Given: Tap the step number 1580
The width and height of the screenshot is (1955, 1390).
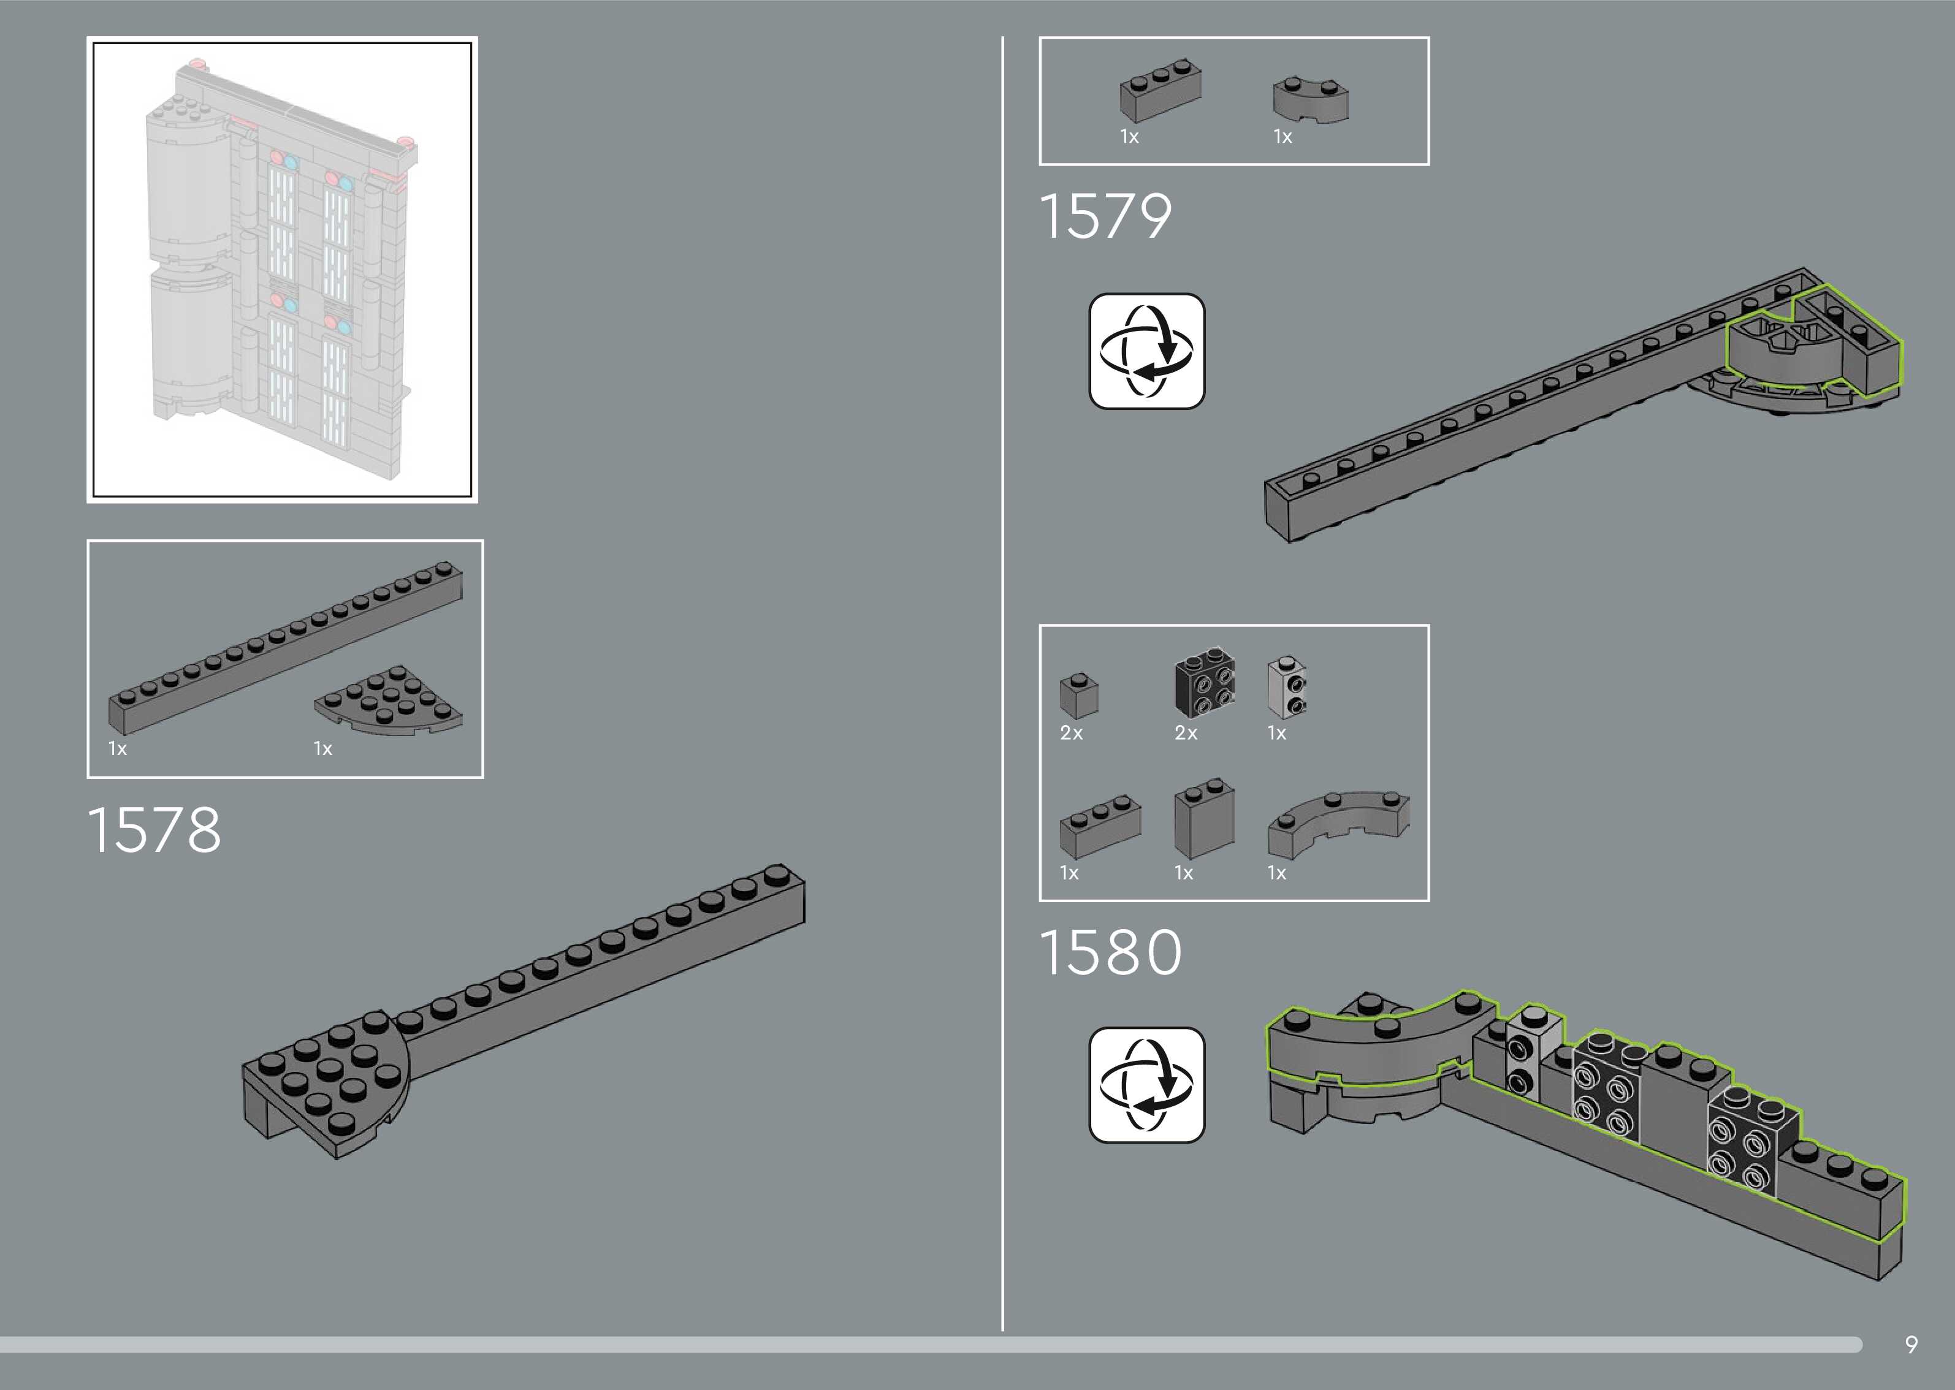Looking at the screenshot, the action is pyautogui.click(x=1110, y=952).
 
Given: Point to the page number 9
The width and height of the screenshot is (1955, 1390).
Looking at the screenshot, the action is pyautogui.click(x=1910, y=1345).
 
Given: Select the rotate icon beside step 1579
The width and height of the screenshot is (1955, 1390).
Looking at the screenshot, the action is pyautogui.click(x=1146, y=351).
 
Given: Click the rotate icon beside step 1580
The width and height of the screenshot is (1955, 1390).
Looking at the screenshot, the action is pyautogui.click(x=1146, y=1084).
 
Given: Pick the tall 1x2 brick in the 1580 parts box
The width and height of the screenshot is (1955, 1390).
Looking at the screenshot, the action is pyautogui.click(x=1203, y=818).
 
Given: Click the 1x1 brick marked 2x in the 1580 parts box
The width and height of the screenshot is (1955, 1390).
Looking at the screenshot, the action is pyautogui.click(x=1078, y=695).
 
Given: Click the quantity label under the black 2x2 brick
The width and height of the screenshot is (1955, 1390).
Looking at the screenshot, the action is pyautogui.click(x=1186, y=732).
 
